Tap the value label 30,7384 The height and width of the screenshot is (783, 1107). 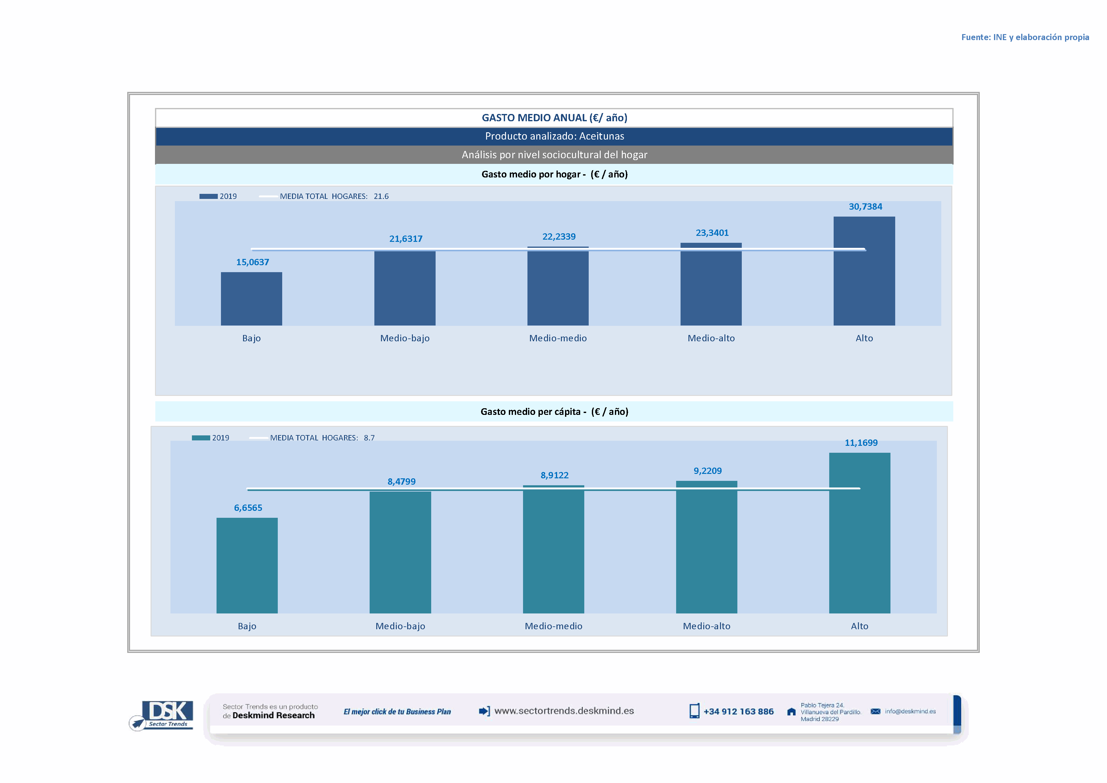[x=866, y=207]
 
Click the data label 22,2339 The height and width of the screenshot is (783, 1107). [x=559, y=237]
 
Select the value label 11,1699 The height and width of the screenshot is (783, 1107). [x=861, y=443]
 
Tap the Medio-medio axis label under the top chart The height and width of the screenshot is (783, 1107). [x=558, y=338]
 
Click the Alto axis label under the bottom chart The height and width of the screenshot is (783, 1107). [x=859, y=626]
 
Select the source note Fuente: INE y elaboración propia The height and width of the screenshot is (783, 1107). [x=1025, y=38]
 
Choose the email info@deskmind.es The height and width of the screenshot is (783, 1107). [x=910, y=712]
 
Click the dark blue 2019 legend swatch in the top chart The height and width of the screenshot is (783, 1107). [x=208, y=197]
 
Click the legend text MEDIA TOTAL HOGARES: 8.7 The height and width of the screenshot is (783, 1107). [x=322, y=438]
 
